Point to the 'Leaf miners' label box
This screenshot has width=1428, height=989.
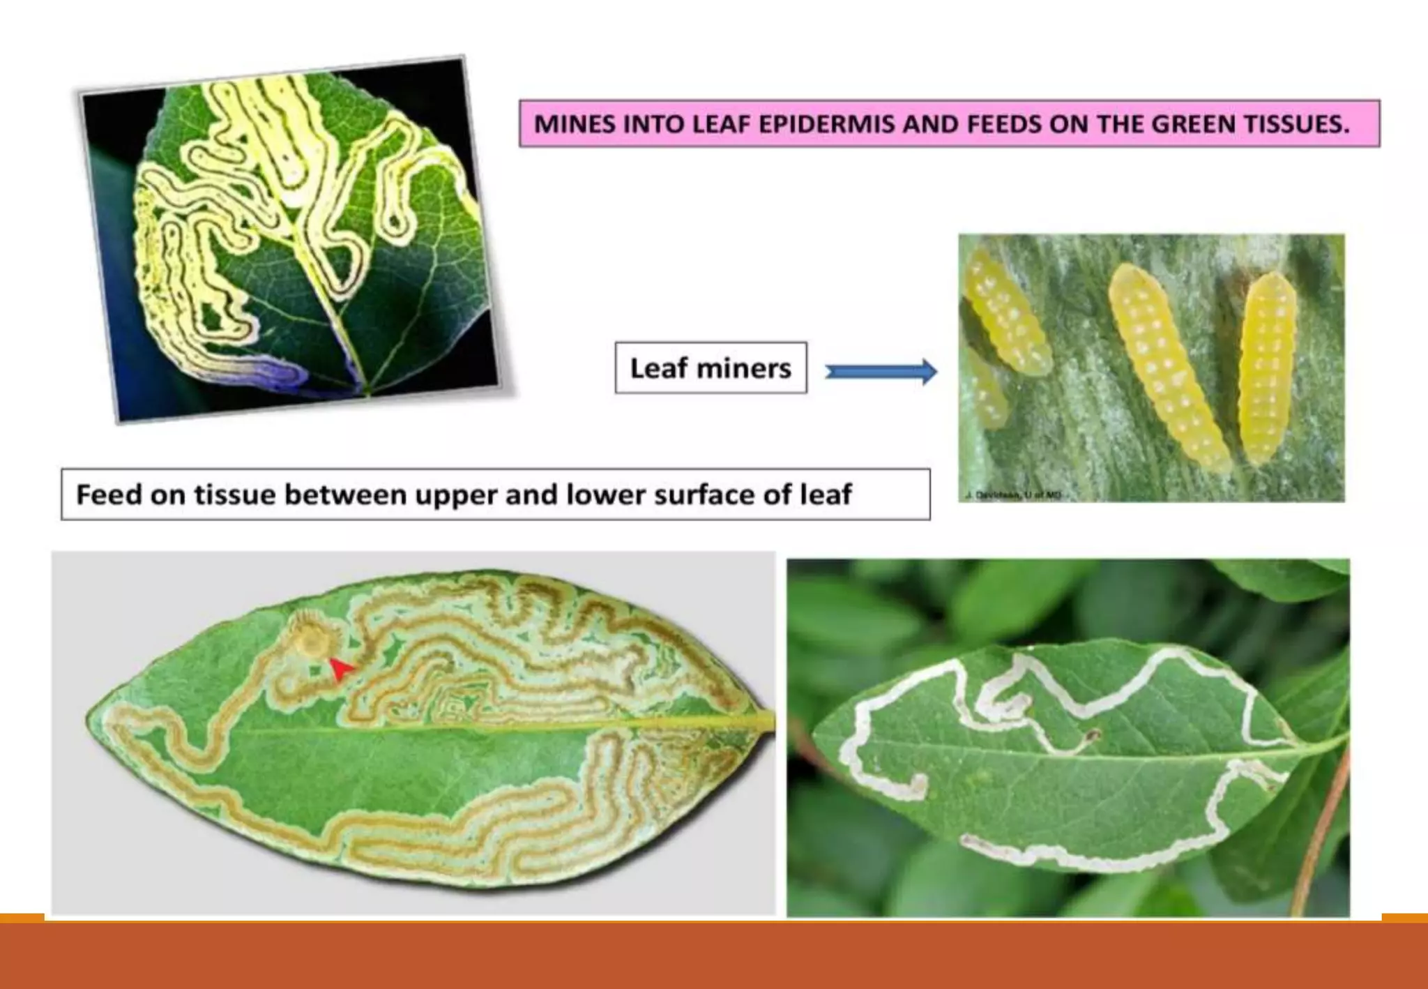tap(711, 368)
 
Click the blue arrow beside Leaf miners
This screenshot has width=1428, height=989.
tap(881, 372)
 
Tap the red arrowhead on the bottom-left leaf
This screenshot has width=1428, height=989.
tap(340, 669)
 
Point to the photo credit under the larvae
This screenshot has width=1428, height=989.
tap(1013, 495)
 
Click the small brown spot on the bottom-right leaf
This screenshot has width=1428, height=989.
tap(1093, 734)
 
